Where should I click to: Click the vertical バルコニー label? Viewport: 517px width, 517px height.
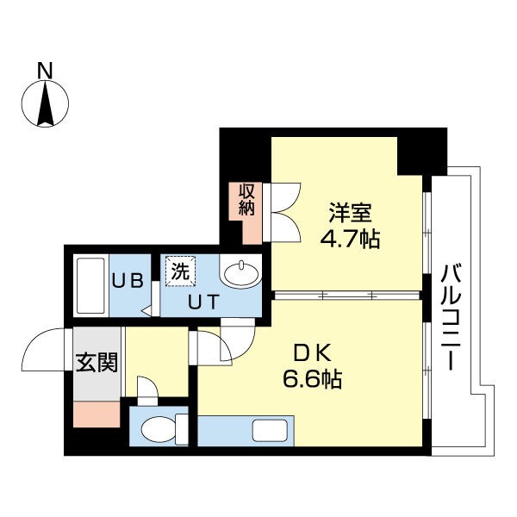[451, 315]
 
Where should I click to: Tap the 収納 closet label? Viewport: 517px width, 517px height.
[247, 198]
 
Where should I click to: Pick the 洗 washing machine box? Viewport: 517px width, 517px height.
[181, 271]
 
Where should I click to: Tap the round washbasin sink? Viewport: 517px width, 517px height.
[241, 275]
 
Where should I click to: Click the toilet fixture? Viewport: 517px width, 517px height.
[160, 427]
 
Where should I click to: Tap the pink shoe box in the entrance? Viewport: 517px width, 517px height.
[96, 414]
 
